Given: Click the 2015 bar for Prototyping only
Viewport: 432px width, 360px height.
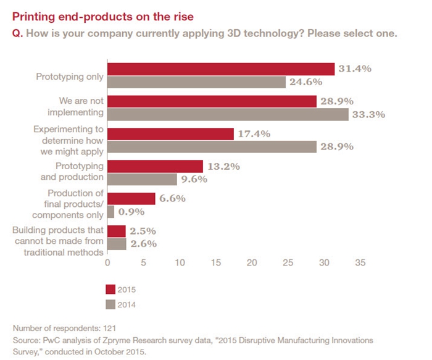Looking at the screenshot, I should [x=221, y=69].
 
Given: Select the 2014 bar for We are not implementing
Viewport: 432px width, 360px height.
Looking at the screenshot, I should [x=228, y=114].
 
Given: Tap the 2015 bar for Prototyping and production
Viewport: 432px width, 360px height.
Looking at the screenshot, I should [x=155, y=166].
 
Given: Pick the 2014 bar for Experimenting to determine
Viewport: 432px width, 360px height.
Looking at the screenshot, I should [x=212, y=146].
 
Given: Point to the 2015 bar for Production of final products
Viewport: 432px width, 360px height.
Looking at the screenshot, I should [x=131, y=198].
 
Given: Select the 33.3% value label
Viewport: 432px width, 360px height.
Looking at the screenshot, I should [x=368, y=114].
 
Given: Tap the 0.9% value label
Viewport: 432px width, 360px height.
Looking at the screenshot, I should [x=131, y=212].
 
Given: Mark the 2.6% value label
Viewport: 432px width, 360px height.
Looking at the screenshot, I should [x=143, y=244].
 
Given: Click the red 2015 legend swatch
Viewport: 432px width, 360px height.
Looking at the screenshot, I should [x=111, y=289].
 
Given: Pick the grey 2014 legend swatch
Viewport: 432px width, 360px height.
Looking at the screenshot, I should [x=111, y=304].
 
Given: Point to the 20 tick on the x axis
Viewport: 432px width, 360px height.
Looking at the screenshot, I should [x=252, y=262].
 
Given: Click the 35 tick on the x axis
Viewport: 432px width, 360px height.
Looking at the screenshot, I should [x=360, y=262].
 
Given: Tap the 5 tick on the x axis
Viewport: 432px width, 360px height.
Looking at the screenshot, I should [x=144, y=262].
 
